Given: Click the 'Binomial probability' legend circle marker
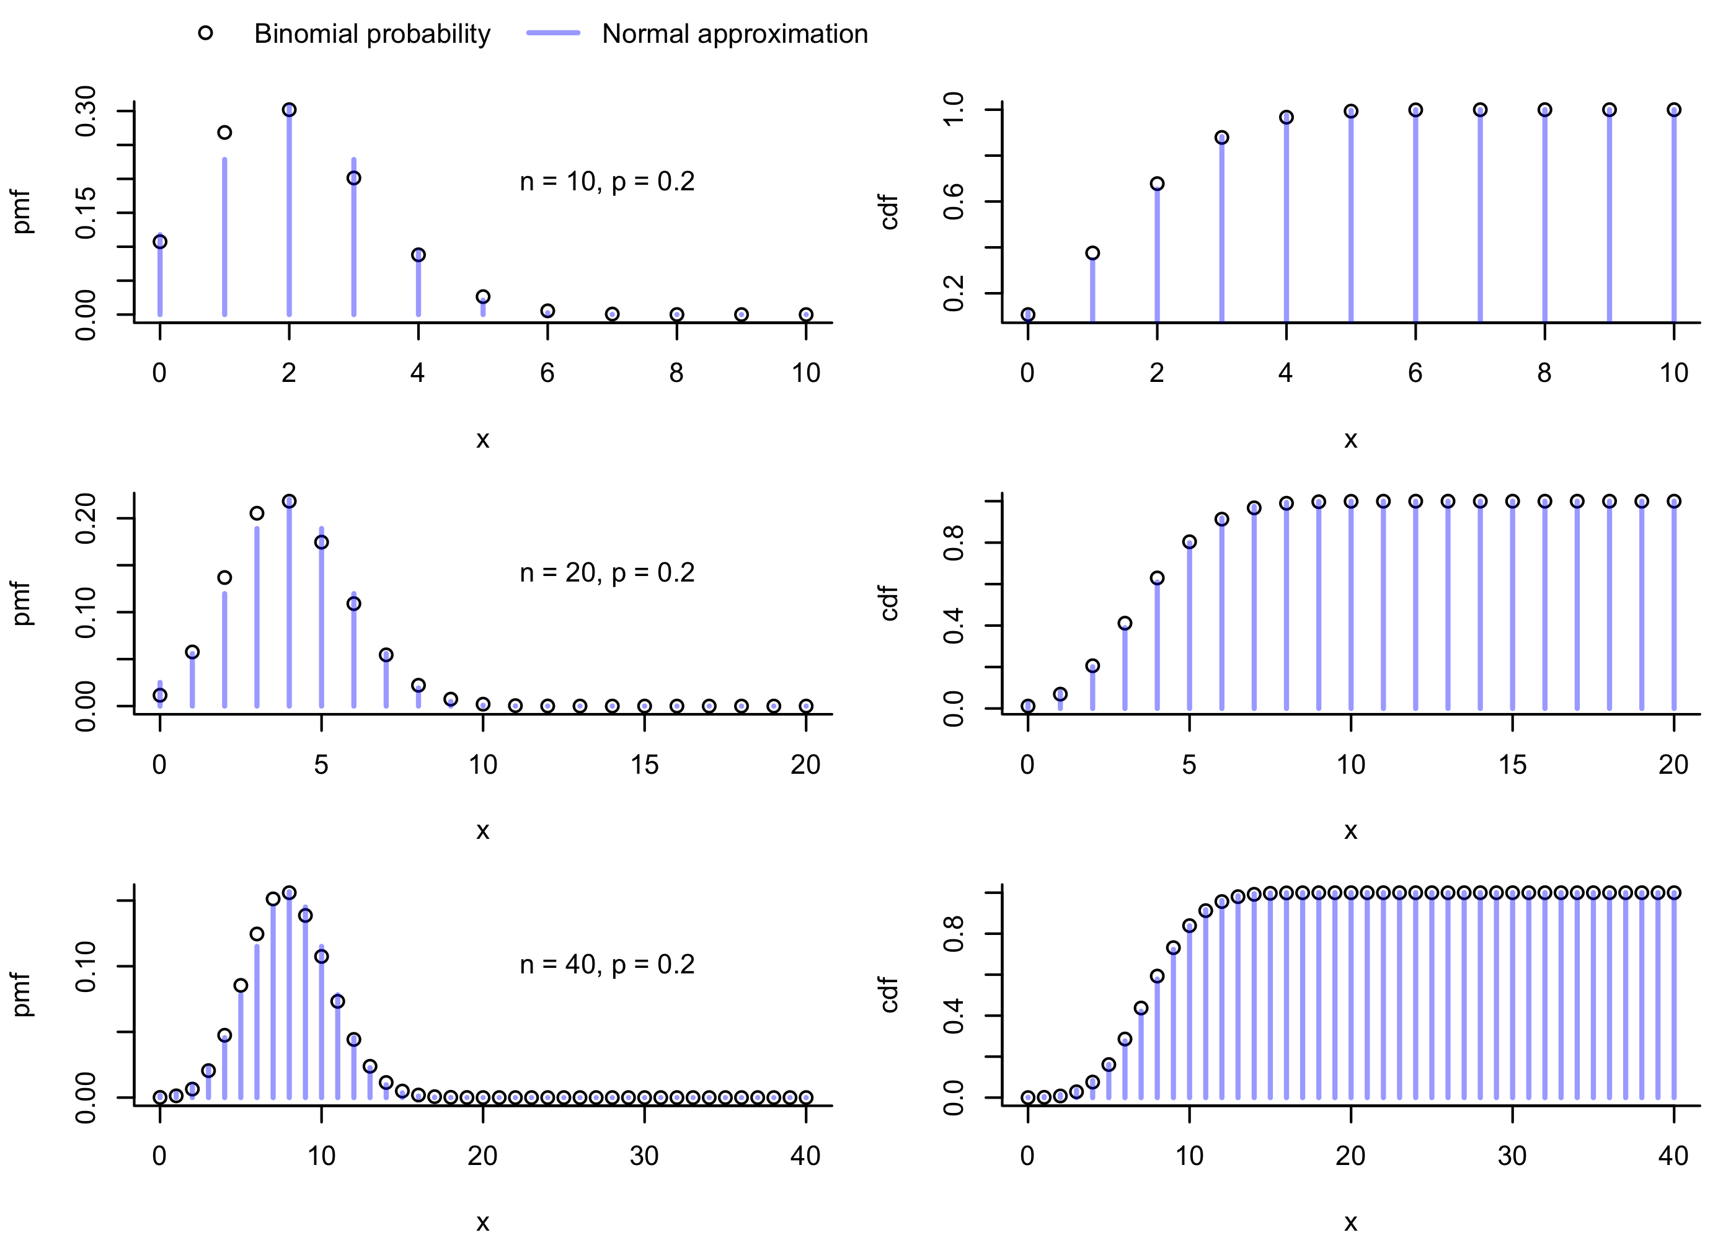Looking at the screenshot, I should pyautogui.click(x=205, y=33).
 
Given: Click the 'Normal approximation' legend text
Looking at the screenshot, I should pyautogui.click(x=735, y=33).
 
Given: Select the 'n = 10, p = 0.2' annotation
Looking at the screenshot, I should pyautogui.click(x=607, y=182).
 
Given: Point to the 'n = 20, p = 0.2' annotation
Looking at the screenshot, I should pyautogui.click(x=607, y=573).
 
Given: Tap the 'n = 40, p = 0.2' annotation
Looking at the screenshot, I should pyautogui.click(x=607, y=964).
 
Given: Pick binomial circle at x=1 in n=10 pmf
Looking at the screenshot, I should pyautogui.click(x=224, y=133).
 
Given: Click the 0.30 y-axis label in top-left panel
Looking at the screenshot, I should pyautogui.click(x=86, y=112).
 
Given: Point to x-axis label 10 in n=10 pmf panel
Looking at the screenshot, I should pyautogui.click(x=805, y=373).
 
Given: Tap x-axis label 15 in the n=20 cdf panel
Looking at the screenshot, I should pyautogui.click(x=1512, y=764).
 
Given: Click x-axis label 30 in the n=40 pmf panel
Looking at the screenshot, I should pyautogui.click(x=644, y=1156).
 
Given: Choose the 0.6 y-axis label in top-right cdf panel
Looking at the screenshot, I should pyautogui.click(x=954, y=201).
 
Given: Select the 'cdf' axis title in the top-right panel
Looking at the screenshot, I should pyautogui.click(x=889, y=212).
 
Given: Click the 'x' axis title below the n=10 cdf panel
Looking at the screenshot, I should pyautogui.click(x=1350, y=439).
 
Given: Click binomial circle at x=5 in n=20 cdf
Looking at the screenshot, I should pyautogui.click(x=1189, y=542).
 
